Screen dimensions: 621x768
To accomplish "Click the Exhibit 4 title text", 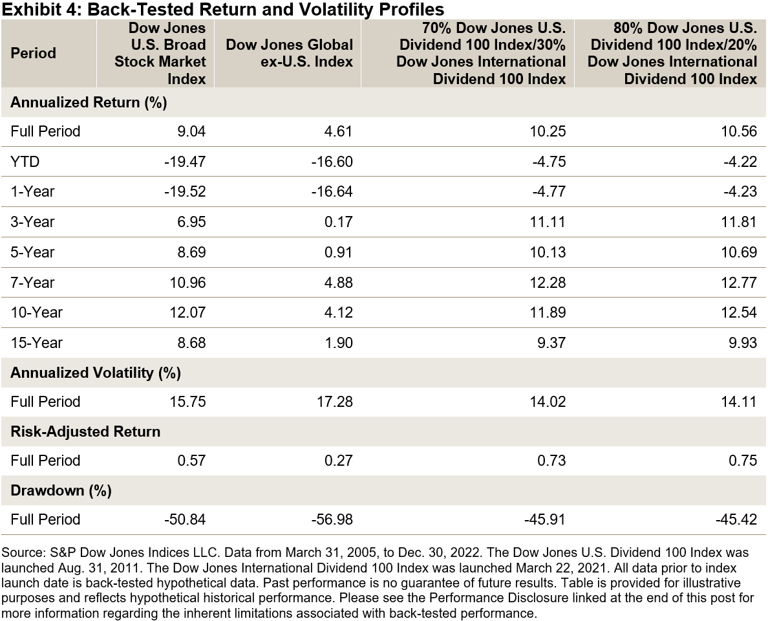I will (x=222, y=9).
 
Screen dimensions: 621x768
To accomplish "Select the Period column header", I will (x=33, y=53).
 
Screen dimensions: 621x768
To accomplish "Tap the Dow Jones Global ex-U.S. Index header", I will (x=289, y=53).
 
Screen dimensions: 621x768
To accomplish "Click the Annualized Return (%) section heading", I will (x=89, y=102).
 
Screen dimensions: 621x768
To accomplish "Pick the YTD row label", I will (x=25, y=162).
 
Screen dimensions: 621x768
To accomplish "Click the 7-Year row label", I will (x=32, y=282).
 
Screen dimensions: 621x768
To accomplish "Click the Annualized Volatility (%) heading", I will (x=96, y=373).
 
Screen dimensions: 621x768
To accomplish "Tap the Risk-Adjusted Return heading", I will (x=85, y=431).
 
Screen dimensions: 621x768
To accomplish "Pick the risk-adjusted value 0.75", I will (x=743, y=461).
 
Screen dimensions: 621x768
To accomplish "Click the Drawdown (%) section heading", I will (x=61, y=490).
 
